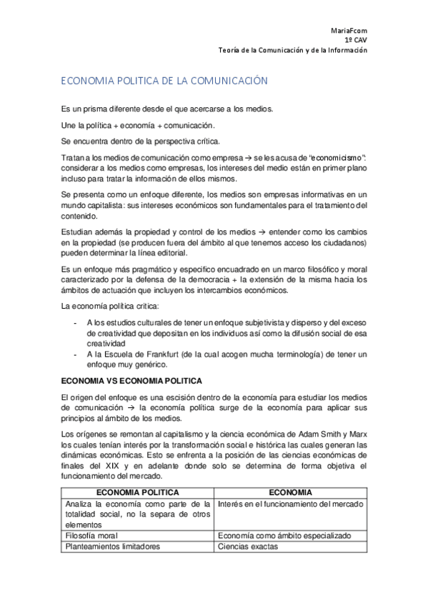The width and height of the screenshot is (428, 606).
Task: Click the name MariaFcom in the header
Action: (349, 30)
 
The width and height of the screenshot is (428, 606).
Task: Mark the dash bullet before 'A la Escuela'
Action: (76, 355)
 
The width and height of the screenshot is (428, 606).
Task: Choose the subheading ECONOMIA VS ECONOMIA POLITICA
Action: (131, 380)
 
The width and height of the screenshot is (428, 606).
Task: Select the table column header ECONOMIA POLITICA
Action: (137, 492)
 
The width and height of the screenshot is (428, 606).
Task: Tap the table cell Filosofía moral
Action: (91, 535)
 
